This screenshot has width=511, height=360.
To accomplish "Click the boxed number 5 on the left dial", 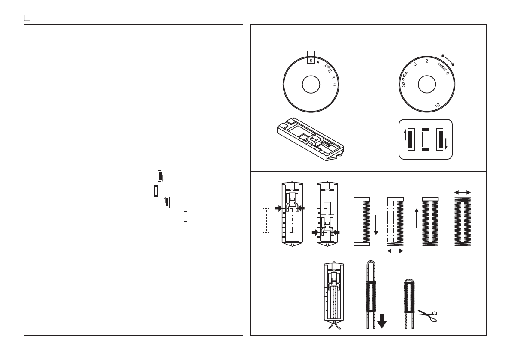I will (x=311, y=61).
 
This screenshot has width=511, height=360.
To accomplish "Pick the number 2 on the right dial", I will (x=426, y=61).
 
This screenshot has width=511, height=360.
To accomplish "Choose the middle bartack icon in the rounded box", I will (x=426, y=139).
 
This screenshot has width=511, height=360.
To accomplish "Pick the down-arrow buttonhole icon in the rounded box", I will (x=442, y=139).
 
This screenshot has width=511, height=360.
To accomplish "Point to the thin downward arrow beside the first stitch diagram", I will (x=376, y=226).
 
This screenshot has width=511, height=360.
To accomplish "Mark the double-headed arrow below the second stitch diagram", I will (x=395, y=251).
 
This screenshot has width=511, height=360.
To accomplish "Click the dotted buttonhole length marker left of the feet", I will (x=266, y=220).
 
